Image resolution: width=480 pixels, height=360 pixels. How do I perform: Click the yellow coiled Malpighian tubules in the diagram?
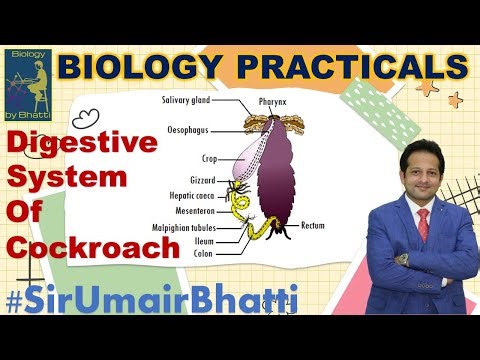click(241, 215)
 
